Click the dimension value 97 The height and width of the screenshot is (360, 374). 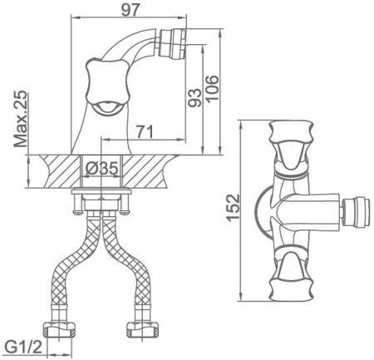coord(130,10)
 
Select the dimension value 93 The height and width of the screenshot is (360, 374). coord(195,98)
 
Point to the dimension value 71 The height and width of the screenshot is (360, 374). coord(145,131)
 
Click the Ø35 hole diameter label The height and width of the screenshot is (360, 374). coord(101,168)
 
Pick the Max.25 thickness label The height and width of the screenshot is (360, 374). coord(21,119)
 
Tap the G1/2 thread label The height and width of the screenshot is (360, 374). coord(23,347)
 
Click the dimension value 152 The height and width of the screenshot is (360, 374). coord(233,208)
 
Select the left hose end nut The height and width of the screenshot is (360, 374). coord(59,329)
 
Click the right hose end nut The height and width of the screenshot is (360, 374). coord(143,329)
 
